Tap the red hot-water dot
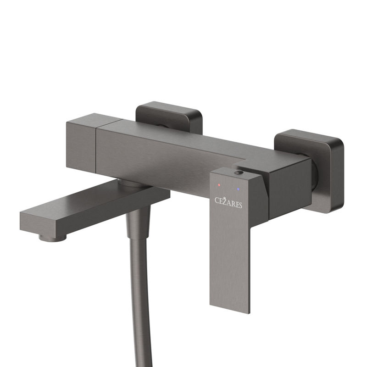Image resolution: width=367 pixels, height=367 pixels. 219,185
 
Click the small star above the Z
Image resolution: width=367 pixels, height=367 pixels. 224,198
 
